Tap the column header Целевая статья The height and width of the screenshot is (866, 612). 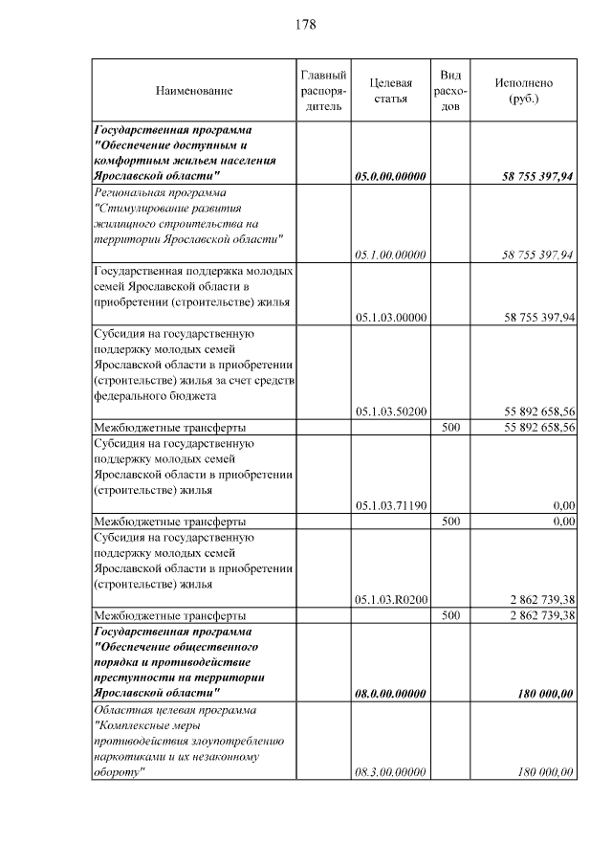coord(389,91)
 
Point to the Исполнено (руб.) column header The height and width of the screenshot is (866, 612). coord(523,91)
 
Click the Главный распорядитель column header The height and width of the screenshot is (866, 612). coord(322,91)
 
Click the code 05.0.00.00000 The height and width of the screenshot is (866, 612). coord(389,177)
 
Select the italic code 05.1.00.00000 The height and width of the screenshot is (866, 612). coord(389,255)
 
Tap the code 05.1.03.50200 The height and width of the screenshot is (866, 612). coord(389,411)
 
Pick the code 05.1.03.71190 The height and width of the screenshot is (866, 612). coord(389,506)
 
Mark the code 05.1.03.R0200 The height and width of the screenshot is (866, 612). coord(389,600)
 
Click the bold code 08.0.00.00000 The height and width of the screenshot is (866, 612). coord(389,694)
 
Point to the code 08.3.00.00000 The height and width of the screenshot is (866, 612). coord(389,772)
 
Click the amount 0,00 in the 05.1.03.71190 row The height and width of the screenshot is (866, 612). coord(563,506)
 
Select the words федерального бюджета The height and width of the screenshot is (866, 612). coord(154,395)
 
